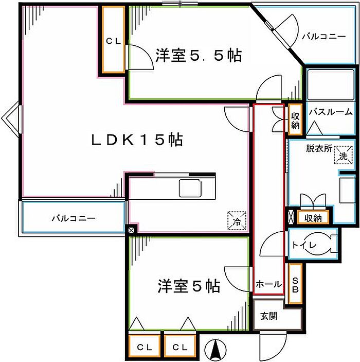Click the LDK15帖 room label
point(137,140)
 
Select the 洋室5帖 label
point(189,285)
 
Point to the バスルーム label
point(330,112)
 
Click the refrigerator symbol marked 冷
point(236,220)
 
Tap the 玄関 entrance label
point(268,316)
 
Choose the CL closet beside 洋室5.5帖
point(113,40)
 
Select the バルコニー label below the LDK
point(73,218)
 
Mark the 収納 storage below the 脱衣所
point(313,218)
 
